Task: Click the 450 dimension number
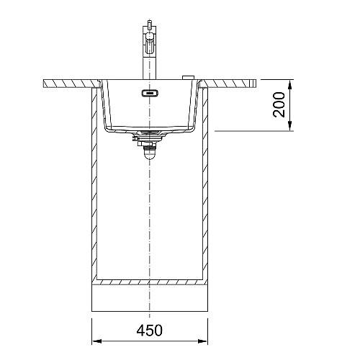149,330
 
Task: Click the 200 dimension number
279,105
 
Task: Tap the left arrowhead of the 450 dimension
96,341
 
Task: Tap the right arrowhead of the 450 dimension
202,341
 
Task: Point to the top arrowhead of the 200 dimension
290,85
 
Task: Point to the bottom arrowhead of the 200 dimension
290,126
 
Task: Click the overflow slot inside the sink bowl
150,93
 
